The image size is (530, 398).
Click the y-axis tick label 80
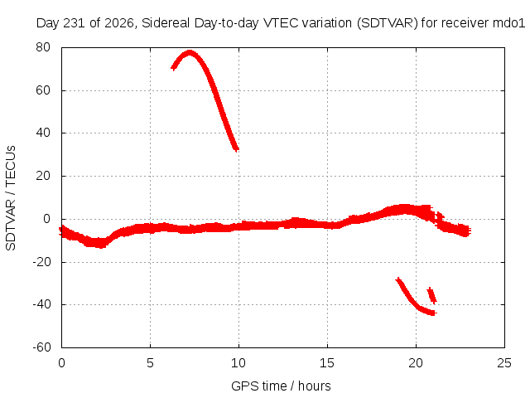pos(43,47)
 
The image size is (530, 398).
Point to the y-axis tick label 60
pos(43,90)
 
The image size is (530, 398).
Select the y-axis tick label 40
pos(43,133)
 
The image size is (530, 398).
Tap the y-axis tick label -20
pos(41,262)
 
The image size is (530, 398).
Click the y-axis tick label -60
pos(41,347)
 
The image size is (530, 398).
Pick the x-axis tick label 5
pos(150,363)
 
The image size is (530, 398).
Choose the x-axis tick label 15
pos(327,363)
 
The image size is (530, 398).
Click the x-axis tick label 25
pos(504,363)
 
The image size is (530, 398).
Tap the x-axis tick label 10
pos(238,363)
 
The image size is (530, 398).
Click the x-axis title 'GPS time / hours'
pos(281,386)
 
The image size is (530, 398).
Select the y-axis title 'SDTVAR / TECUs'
pos(11,198)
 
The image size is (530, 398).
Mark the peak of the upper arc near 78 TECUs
pos(190,52)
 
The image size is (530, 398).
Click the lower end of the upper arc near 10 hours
pos(237,149)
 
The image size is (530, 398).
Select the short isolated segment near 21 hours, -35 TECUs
pos(432,295)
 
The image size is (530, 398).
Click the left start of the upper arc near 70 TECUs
pos(173,67)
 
